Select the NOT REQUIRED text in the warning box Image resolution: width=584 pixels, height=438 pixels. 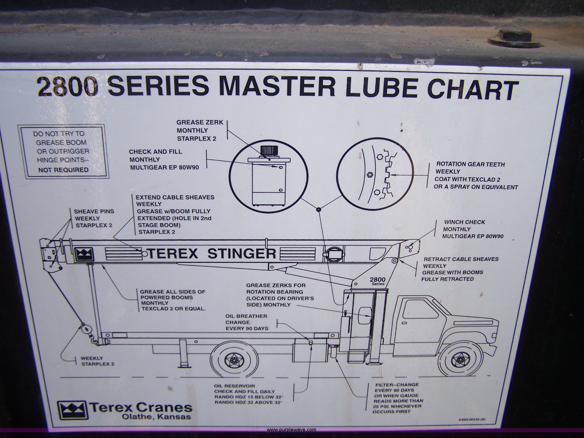tap(63, 170)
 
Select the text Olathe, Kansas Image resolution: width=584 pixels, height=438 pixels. tap(157, 417)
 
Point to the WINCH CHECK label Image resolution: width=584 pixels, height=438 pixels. tap(464, 222)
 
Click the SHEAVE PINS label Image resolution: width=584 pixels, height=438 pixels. tap(90, 212)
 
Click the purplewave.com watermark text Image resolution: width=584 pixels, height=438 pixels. tap(291, 430)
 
